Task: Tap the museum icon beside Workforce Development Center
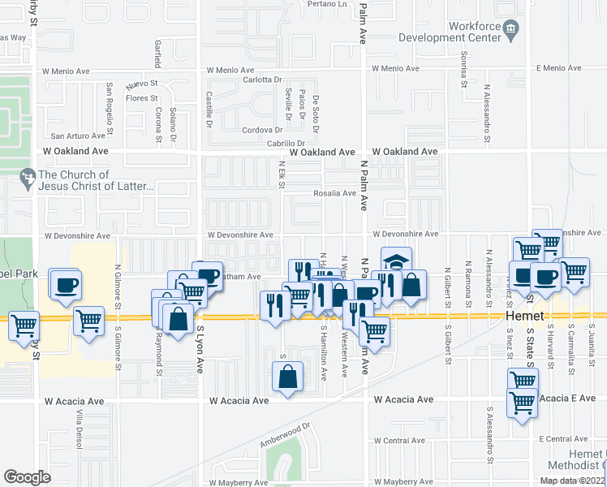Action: [x=510, y=32]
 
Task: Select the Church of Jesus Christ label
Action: [x=96, y=181]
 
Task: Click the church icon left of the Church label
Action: [x=27, y=175]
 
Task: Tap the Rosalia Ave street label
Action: [x=335, y=194]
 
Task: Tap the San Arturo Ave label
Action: [x=80, y=136]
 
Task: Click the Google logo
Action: [x=28, y=477]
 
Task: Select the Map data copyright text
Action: [x=571, y=481]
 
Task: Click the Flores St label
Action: [x=140, y=98]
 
